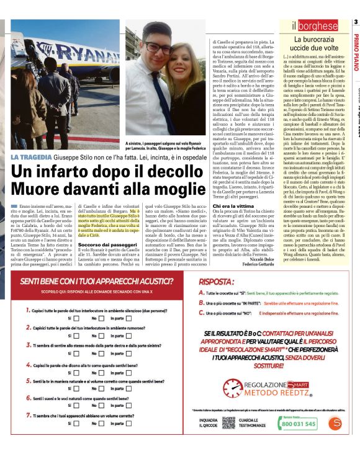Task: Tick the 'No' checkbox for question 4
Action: (x=102, y=373)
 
